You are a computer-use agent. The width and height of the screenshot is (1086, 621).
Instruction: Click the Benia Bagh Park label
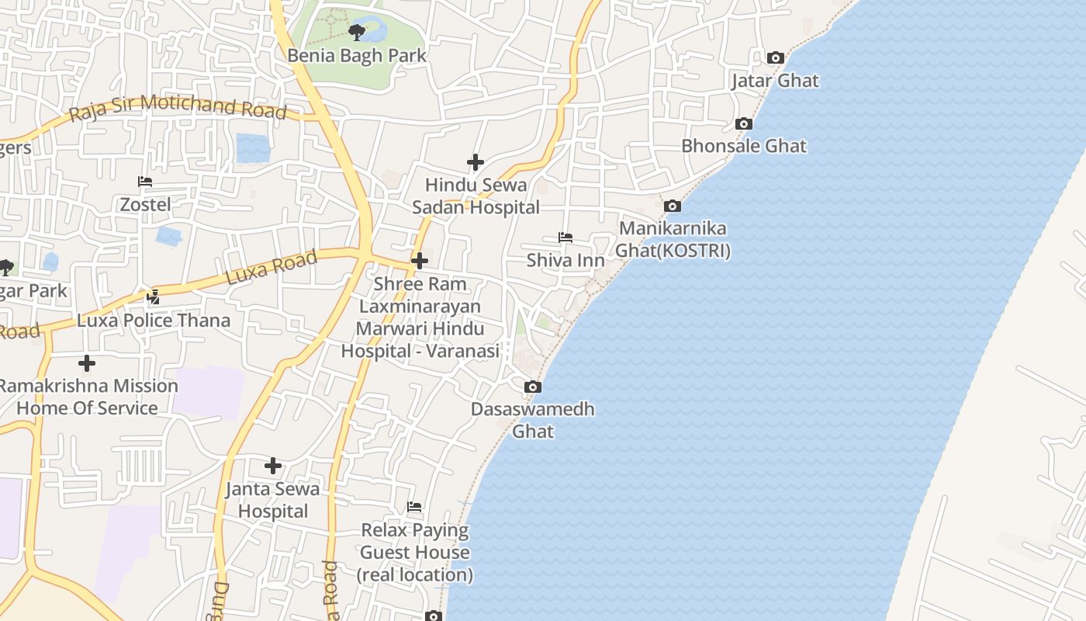point(357,56)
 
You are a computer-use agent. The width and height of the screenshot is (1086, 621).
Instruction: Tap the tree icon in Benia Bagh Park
point(356,32)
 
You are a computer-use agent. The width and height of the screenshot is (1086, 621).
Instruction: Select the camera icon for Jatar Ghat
point(775,57)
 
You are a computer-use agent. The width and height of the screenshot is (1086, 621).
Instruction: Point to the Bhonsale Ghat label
point(743,146)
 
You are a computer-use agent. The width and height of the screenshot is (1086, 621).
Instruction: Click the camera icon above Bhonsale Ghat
point(743,123)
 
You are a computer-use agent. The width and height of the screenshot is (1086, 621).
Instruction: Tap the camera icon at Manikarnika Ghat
point(673,206)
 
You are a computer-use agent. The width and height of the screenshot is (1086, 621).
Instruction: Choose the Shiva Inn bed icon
point(565,237)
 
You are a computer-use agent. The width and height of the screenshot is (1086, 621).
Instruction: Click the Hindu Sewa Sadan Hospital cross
point(476,162)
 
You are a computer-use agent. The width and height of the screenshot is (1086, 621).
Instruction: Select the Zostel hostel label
point(145,204)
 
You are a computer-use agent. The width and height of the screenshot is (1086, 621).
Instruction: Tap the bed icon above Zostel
point(145,182)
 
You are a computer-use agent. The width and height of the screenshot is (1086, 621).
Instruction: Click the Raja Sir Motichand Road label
point(178,108)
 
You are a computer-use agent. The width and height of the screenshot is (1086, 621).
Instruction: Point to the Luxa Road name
point(271,267)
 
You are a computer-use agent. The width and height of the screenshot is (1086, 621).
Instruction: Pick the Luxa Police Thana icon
point(153,297)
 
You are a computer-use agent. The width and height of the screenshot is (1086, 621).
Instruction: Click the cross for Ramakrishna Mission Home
point(87,363)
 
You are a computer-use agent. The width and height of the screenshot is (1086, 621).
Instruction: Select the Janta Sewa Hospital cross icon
point(272,466)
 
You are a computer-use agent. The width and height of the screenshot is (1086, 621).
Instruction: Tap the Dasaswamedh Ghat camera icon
point(532,387)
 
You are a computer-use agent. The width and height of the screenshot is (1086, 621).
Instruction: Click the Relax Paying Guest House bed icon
point(414,507)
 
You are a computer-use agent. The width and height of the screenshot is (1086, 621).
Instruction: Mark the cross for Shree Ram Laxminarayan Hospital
point(419,261)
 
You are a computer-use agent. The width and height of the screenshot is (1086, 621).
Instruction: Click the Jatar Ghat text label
point(775,81)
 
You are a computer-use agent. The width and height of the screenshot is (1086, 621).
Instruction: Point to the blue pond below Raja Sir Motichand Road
point(253,147)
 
